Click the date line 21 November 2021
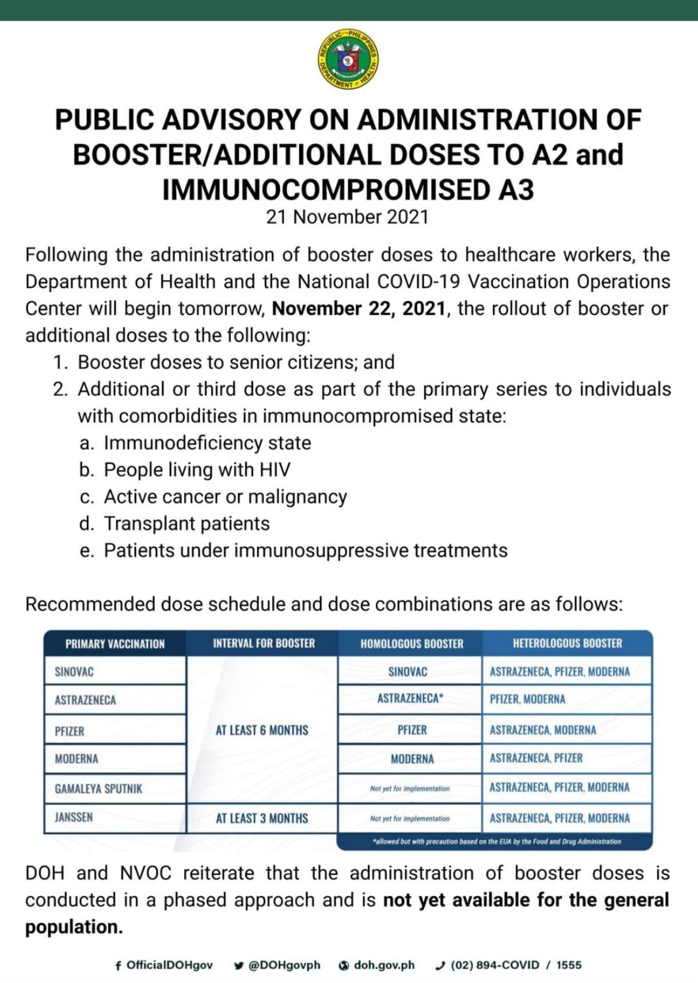pos(348,217)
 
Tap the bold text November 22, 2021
pos(359,308)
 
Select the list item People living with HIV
pos(197,470)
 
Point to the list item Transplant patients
pos(186,524)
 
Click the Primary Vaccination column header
pos(115,644)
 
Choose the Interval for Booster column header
pos(264,644)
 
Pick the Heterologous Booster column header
pos(567,644)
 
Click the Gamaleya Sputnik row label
pos(99,789)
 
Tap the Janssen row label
pos(74,817)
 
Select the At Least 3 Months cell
pos(262,818)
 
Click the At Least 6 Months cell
pos(262,730)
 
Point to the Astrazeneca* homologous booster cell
pos(410,699)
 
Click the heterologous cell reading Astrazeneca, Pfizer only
pos(536,758)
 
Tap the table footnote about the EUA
pos(497,841)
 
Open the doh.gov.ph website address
pos(384,965)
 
